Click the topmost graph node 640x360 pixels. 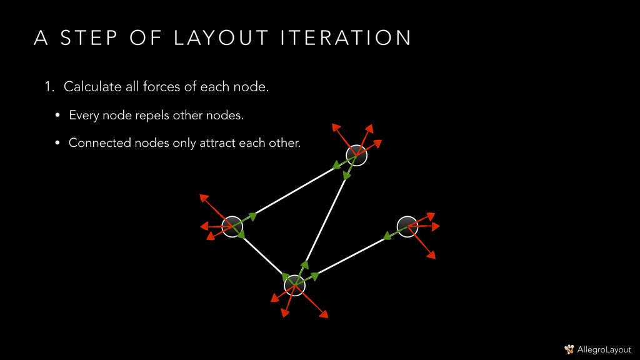[356, 155]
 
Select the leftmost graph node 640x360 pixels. [232, 226]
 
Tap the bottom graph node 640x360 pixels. [294, 285]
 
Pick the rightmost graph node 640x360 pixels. [407, 226]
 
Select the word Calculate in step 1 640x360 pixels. [92, 87]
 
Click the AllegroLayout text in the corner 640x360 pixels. [604, 349]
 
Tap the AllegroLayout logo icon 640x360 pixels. [569, 349]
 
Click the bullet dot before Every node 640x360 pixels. [57, 116]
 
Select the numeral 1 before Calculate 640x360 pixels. [47, 87]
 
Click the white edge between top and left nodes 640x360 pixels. [294, 191]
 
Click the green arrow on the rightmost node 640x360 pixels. [391, 233]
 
